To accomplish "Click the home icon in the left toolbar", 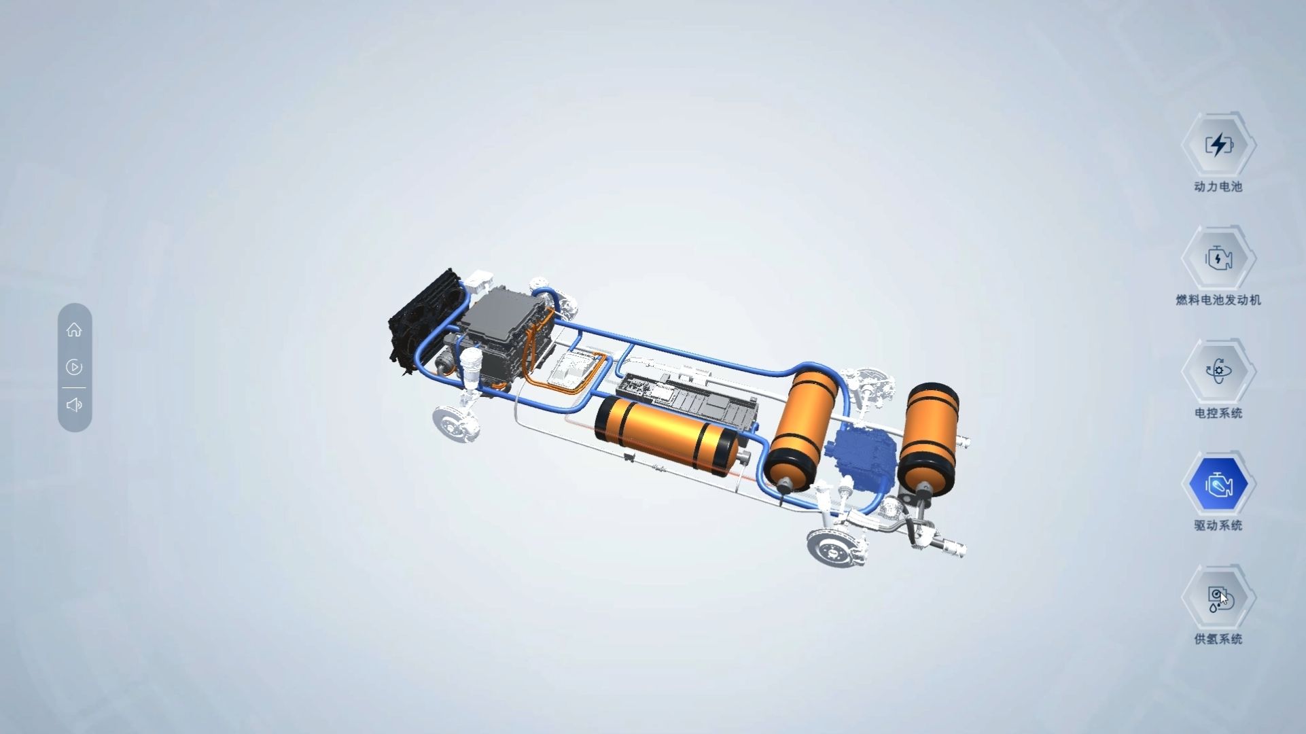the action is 74,330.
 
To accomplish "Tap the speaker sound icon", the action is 74,405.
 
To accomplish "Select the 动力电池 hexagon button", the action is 1219,145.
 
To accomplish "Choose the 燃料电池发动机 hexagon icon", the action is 1219,258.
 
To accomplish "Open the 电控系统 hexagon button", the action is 1219,371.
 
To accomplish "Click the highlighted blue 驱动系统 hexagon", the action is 1219,484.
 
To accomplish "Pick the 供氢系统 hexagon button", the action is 1219,597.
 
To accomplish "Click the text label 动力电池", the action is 1218,187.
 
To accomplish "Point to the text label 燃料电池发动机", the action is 1218,300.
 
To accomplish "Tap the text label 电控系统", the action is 1218,413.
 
